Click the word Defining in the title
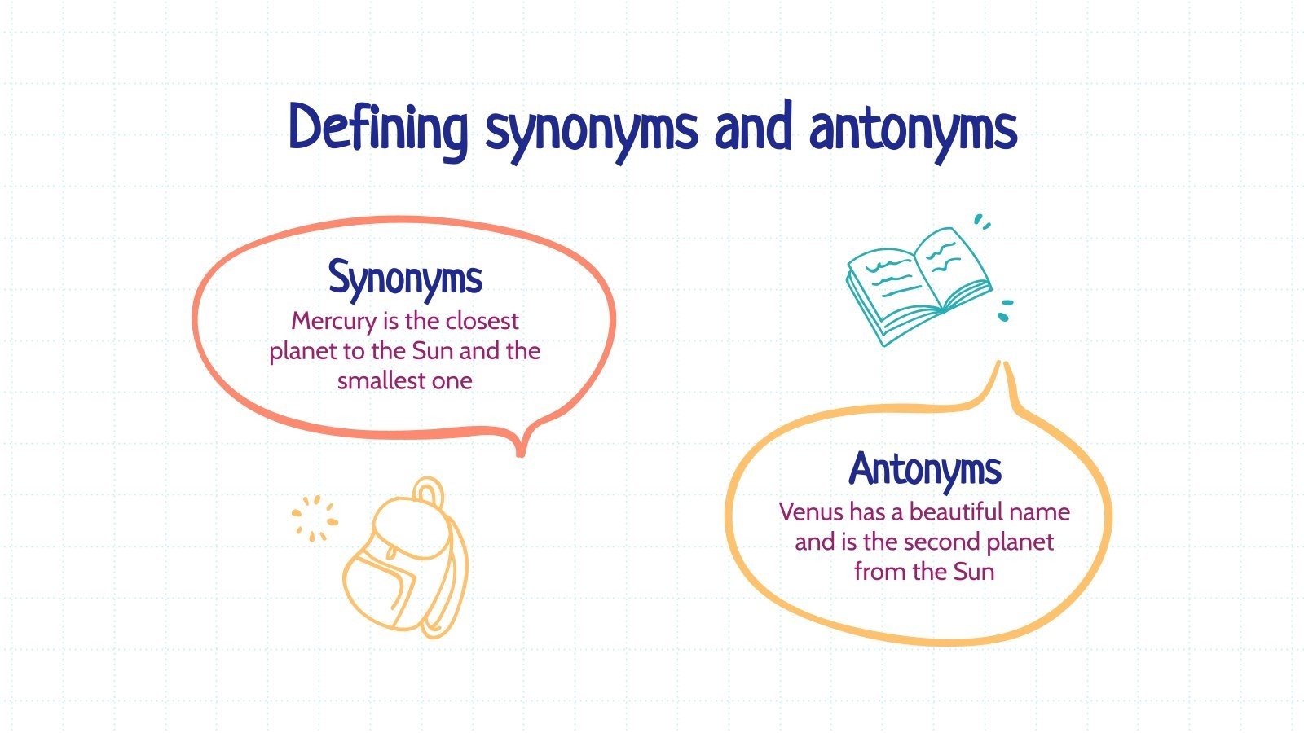point(378,128)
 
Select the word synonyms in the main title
point(591,130)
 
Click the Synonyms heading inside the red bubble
point(405,279)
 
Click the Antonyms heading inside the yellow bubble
point(924,469)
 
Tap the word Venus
point(810,512)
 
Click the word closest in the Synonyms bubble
point(482,321)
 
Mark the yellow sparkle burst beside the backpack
point(314,518)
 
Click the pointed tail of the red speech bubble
point(520,447)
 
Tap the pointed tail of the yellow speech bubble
point(1005,376)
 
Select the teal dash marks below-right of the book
point(1006,309)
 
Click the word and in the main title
point(753,128)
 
